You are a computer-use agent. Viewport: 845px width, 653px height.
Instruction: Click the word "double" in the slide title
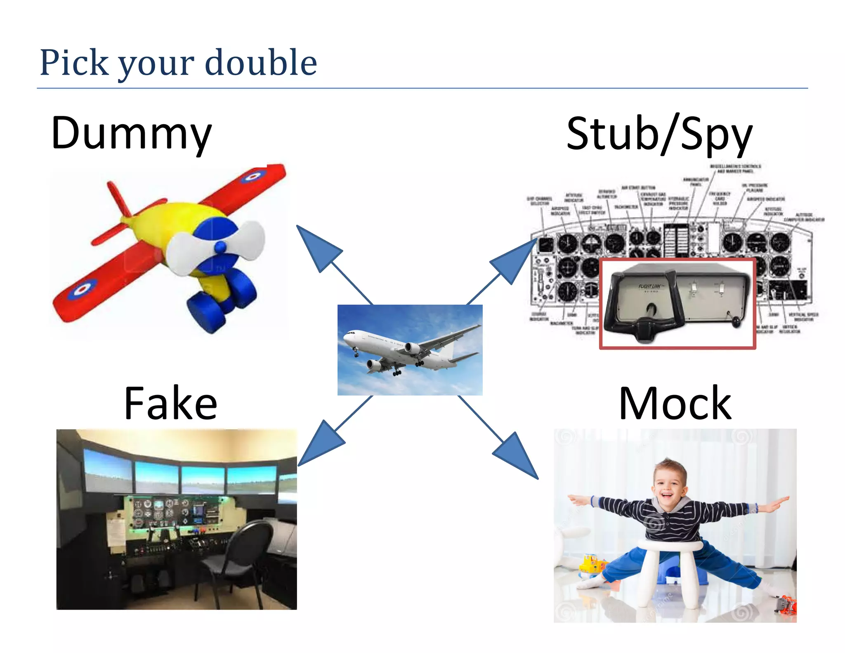pyautogui.click(x=261, y=63)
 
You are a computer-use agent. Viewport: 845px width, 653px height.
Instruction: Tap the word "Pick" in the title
pyautogui.click(x=74, y=63)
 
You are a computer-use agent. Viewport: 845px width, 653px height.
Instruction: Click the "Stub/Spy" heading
pyautogui.click(x=659, y=134)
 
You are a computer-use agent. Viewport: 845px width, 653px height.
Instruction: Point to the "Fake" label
pyautogui.click(x=170, y=403)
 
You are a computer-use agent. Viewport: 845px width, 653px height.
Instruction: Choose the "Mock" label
pyautogui.click(x=675, y=403)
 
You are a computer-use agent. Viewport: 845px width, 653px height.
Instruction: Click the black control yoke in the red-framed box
pyautogui.click(x=644, y=318)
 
